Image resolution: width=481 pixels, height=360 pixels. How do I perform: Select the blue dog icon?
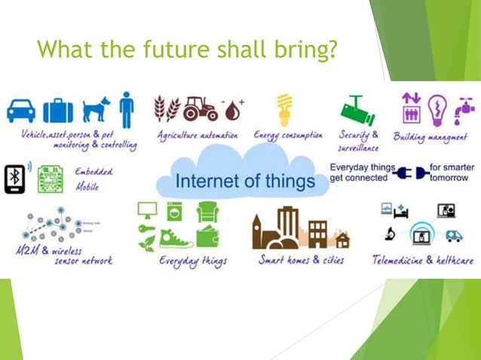tap(95, 109)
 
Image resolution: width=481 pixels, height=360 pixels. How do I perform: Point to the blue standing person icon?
tap(126, 109)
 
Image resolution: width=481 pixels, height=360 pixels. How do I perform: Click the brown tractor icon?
tap(201, 109)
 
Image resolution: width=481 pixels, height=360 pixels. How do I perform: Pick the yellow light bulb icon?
tap(283, 110)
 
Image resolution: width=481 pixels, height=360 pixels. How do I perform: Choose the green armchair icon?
tap(207, 212)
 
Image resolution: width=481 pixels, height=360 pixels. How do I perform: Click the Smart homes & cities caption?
tap(301, 260)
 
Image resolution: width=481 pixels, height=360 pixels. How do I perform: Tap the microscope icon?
tap(394, 234)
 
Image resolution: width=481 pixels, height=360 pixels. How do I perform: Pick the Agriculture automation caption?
tap(198, 136)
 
